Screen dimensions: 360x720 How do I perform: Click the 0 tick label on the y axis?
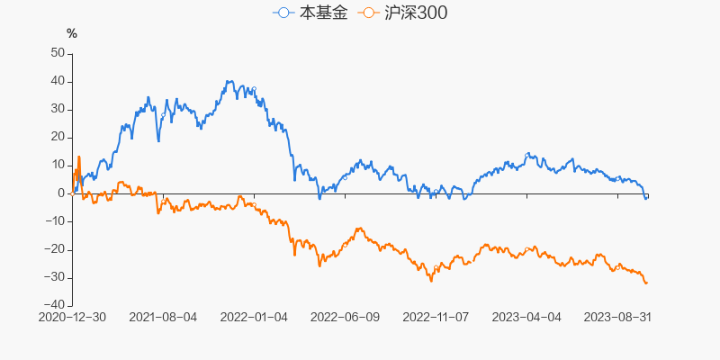point(62,193)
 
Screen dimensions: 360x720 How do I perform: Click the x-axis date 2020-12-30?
point(72,318)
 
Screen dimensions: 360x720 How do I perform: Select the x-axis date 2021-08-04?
point(163,318)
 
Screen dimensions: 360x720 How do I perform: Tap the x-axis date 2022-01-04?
point(254,318)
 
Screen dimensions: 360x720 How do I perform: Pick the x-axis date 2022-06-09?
point(345,318)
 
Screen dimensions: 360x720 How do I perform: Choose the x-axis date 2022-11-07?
point(436,318)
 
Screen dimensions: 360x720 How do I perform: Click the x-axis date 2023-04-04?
point(526,318)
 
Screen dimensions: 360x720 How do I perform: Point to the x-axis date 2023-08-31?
point(617,318)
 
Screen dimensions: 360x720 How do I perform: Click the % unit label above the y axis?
point(72,34)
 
